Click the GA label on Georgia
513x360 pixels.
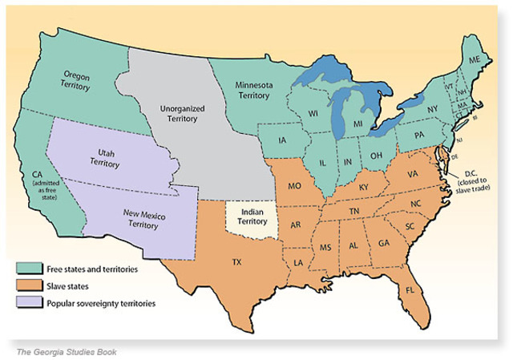click(385, 244)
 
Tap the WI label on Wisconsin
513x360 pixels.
click(313, 114)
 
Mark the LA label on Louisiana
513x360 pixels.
click(299, 262)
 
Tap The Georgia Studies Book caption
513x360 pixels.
click(71, 350)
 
